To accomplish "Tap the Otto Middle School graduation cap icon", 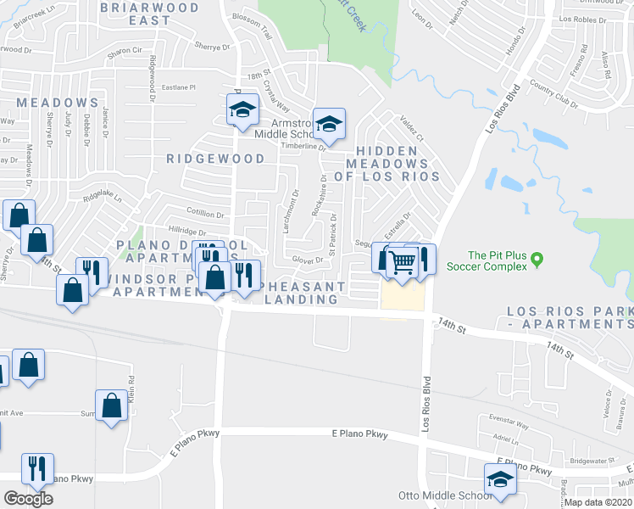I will click(500, 479).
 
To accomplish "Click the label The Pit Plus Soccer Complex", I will click(505, 260).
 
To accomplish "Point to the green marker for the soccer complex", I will click(536, 264).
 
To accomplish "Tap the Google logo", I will click(28, 498).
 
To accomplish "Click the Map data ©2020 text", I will click(598, 502).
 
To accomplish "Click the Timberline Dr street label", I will click(303, 146).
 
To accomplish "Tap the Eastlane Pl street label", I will click(179, 87).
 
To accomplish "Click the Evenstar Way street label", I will click(509, 428).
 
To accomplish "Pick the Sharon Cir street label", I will click(124, 52).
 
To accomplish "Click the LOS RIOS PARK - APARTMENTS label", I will click(569, 318).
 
